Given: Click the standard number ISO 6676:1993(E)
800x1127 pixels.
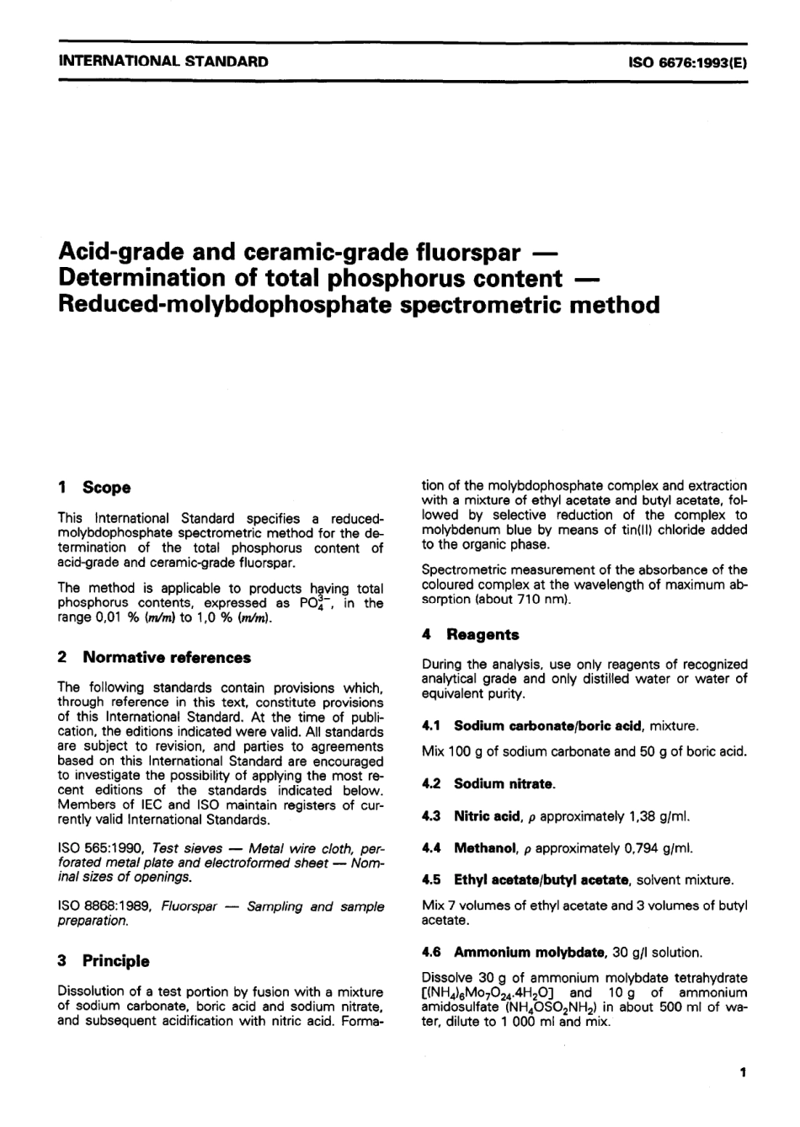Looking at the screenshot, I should [687, 61].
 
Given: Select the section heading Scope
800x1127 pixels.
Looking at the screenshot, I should [106, 488].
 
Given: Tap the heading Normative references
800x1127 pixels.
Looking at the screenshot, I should [167, 658].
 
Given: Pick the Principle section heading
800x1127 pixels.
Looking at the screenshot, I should [115, 961].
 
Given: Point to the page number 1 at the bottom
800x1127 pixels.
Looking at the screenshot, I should [742, 1072].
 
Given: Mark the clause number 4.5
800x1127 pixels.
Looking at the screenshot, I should [431, 880].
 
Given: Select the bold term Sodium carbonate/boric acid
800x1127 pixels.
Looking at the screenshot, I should [549, 726].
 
